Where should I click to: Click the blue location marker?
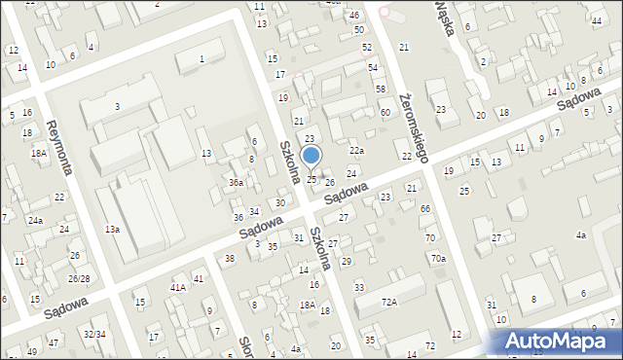coord(311,156)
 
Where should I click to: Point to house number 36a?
coord(236,182)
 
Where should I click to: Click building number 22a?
coord(357,150)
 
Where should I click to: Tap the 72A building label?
coord(389,303)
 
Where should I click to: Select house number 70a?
coord(439,258)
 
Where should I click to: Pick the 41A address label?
coord(177,288)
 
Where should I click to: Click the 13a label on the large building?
coord(113,229)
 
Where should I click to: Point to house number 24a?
coord(35,221)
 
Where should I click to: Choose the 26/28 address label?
coord(78,279)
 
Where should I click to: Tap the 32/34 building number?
coord(94,334)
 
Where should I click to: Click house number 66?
coord(425,209)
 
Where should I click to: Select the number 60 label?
coord(385,112)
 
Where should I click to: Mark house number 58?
coord(381,89)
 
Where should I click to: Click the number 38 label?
coord(230,258)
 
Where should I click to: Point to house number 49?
coord(33,351)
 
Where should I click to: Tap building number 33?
coord(359,287)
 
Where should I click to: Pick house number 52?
coord(366,47)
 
